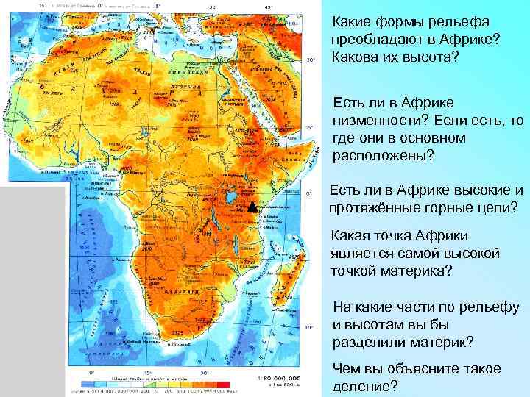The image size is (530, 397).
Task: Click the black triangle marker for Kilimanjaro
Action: click(251, 207)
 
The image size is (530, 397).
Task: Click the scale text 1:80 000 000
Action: click(279, 378)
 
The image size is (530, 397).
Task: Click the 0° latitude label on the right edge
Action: click(310, 193)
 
